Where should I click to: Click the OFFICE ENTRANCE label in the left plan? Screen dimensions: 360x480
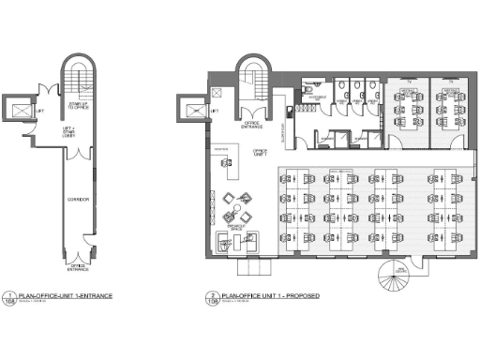pos(78,267)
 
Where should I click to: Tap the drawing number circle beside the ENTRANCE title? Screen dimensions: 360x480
pos(8,299)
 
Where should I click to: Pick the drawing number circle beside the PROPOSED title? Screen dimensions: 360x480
pos(213,299)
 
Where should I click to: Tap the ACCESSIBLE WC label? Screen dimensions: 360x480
pos(317,96)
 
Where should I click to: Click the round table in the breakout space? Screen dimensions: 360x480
pos(247,198)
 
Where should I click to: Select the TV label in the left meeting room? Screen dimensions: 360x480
pos(410,82)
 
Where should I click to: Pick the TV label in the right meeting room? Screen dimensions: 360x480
pos(450,82)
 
